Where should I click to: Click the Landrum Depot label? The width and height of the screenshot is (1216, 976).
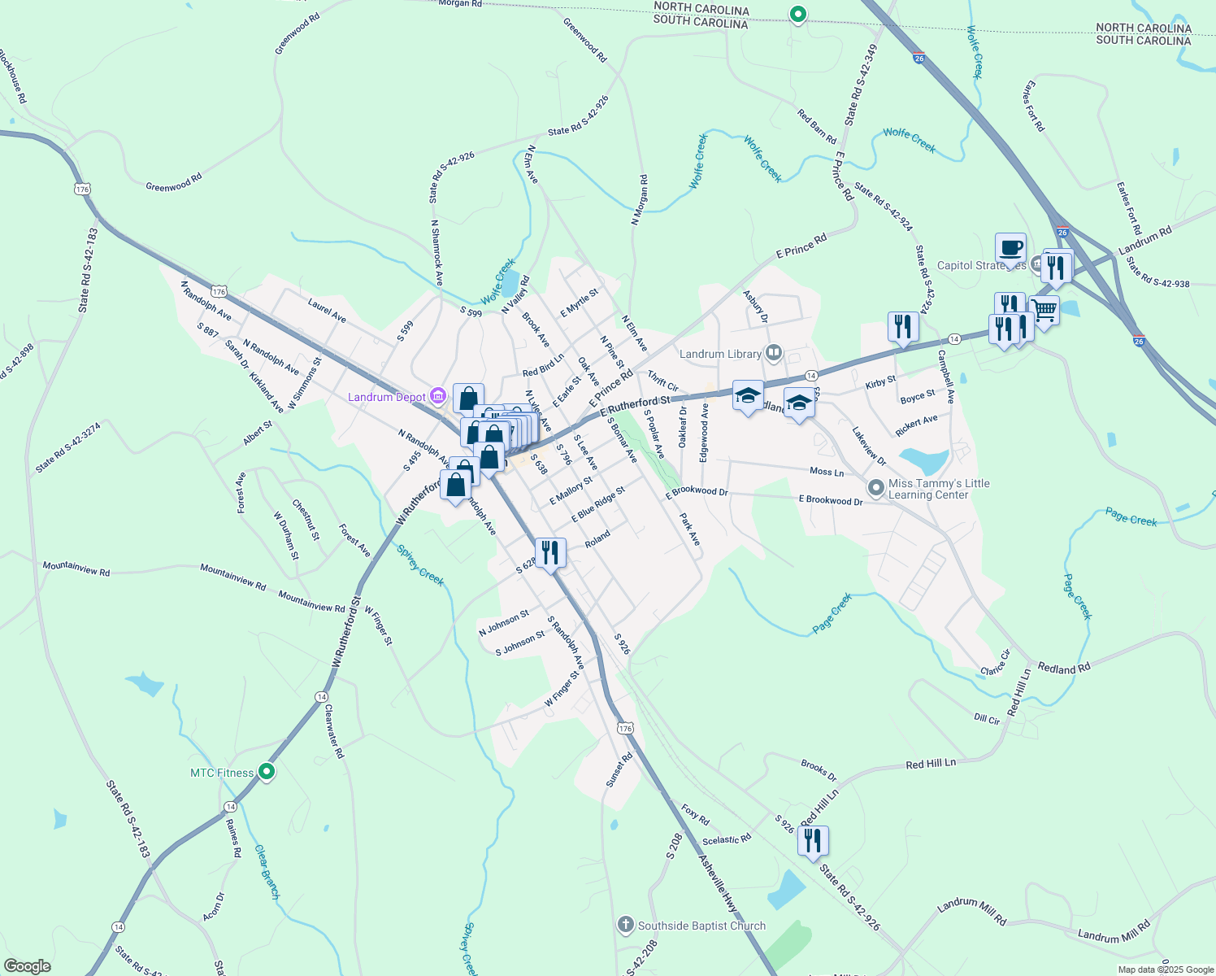point(387,397)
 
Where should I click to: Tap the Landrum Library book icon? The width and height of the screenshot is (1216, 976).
point(774,353)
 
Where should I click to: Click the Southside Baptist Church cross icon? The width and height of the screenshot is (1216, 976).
point(625,925)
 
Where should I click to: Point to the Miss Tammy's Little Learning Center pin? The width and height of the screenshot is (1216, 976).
point(875,488)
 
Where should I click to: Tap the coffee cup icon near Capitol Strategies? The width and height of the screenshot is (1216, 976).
point(1010,248)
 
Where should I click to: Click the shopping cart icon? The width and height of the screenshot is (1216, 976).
point(1044,309)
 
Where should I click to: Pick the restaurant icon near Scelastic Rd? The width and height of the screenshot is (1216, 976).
point(813,841)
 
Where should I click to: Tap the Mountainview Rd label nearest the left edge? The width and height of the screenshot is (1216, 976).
point(76,567)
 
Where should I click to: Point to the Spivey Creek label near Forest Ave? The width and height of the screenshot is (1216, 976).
point(420,564)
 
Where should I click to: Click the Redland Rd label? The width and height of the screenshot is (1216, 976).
point(1064,669)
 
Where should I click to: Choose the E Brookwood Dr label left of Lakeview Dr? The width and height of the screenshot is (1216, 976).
point(697,492)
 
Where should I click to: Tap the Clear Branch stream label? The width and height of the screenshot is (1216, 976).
point(267,872)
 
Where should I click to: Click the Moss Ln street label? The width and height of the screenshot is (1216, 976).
point(827,472)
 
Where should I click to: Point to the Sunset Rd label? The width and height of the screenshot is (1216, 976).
point(619,769)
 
